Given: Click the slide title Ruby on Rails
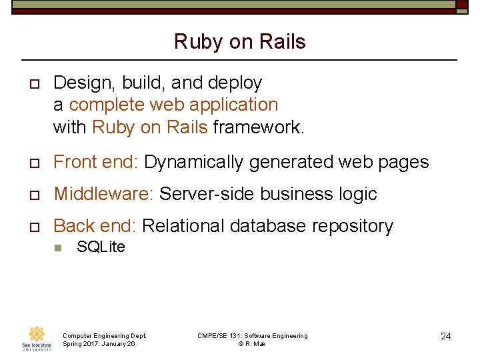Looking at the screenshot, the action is coord(240,42).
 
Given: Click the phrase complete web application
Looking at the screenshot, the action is coord(173,105).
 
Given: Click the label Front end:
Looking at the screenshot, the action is coord(96,162).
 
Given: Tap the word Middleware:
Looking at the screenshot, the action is coord(103,194).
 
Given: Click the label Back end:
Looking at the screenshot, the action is coord(95,226).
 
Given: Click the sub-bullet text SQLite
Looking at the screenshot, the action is coord(101,247).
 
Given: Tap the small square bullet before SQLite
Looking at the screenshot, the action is coord(57,247).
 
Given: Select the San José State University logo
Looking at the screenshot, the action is coord(36,339).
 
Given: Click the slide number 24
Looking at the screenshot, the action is coord(445,336).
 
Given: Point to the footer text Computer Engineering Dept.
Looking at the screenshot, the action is coord(104,335).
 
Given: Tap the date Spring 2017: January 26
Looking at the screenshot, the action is coord(98,344).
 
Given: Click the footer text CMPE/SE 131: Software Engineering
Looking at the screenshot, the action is coord(253,335).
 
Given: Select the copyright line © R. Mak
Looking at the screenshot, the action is coord(252,344).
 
